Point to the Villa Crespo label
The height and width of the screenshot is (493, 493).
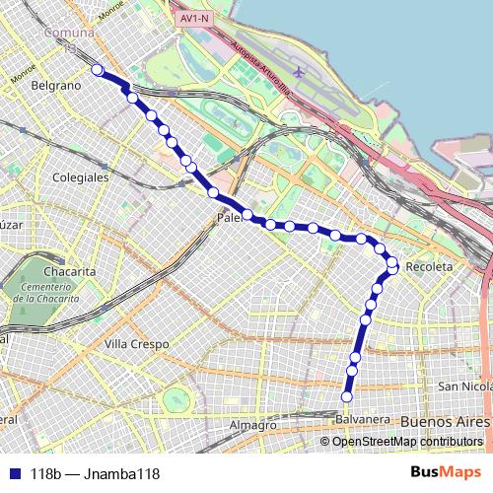tap(136, 345)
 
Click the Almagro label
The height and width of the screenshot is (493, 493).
tap(252, 425)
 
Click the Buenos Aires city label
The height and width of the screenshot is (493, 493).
tap(446, 422)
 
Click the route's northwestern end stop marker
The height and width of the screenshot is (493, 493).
tap(97, 69)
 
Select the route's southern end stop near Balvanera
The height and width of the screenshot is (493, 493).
tap(346, 397)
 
